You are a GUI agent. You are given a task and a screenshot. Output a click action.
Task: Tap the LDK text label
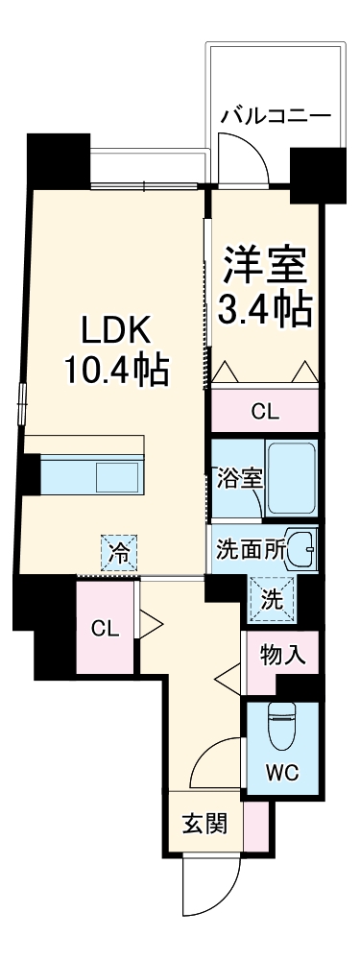click(x=114, y=331)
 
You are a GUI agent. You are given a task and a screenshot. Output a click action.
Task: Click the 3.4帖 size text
click(x=266, y=309)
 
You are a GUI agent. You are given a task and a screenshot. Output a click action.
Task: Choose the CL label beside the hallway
click(x=105, y=628)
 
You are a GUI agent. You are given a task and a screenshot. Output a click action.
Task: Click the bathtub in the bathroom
click(x=292, y=477)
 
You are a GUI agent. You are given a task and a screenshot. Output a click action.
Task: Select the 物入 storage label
click(x=282, y=656)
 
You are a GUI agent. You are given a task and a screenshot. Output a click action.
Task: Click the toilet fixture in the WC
click(x=282, y=728)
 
